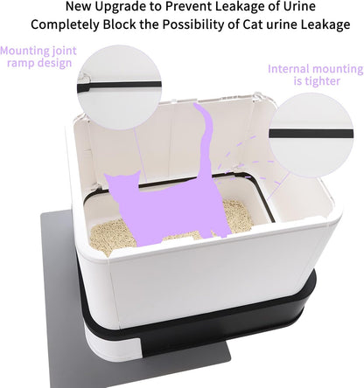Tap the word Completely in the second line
point(65,24)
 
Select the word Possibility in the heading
point(192,24)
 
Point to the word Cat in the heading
point(253,24)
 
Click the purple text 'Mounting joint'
point(38,51)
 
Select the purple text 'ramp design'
point(39,63)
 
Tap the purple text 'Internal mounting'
point(316,69)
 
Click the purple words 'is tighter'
point(317,81)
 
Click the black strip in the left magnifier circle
point(119,86)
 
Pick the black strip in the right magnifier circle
point(311,134)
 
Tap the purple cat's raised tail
point(206,137)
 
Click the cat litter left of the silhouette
point(111,237)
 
